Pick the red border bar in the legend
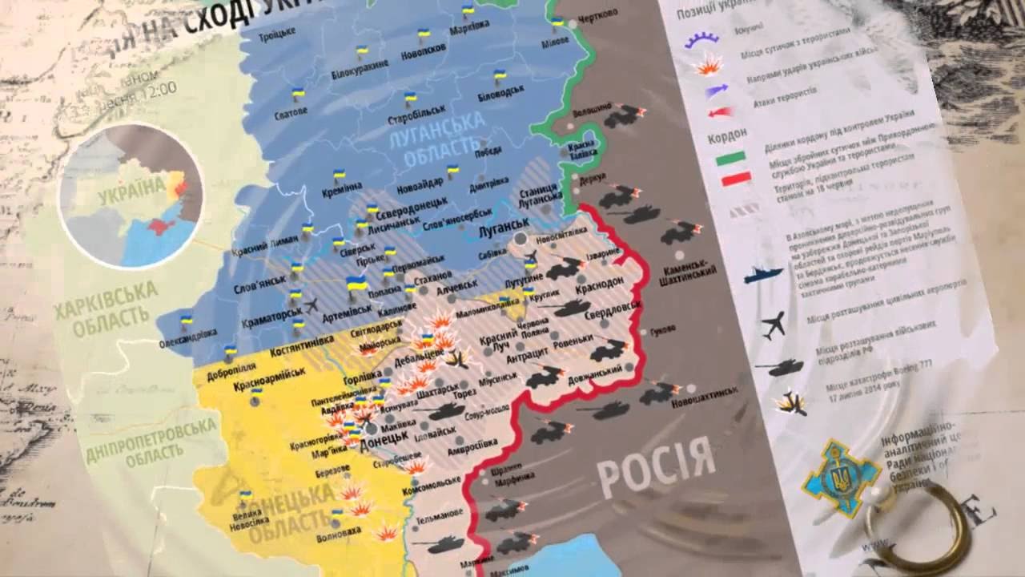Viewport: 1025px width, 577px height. pos(735,180)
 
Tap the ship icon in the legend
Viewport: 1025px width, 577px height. pos(762,275)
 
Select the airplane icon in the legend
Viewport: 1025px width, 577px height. pos(773,325)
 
